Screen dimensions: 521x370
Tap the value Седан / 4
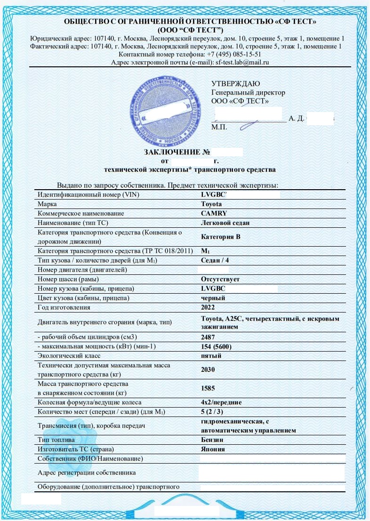[x=215, y=260]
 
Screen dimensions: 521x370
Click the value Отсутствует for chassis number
[x=220, y=279]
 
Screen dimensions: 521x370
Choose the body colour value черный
[x=213, y=298]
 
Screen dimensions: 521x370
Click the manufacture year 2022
[x=208, y=307]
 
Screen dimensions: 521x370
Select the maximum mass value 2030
[x=208, y=369]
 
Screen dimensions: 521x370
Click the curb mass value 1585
[x=208, y=388]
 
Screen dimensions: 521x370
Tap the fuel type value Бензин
[x=212, y=440]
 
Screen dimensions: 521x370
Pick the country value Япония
[x=213, y=449]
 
